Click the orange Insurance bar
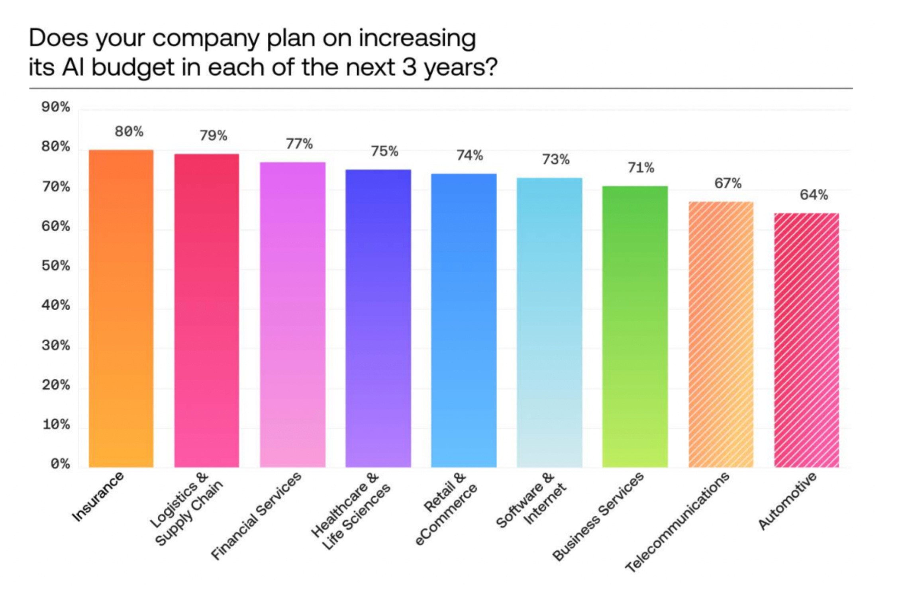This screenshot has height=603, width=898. point(121,309)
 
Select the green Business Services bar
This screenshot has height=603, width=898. point(635,327)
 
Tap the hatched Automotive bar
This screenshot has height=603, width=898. point(806,341)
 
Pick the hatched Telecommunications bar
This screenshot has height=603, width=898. point(721,335)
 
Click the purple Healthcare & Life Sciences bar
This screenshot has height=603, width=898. point(378,319)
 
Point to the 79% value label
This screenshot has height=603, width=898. point(213,136)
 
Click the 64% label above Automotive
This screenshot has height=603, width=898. point(814,195)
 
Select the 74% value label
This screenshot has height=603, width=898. point(470,155)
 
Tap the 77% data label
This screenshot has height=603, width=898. point(299,144)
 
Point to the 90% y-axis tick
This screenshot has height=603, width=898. point(55,107)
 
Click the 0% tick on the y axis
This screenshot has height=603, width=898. point(60,464)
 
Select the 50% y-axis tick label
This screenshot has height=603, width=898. point(55,266)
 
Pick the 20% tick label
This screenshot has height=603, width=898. point(55,385)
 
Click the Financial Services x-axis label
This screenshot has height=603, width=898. point(256,516)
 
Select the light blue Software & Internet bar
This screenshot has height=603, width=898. point(549,323)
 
